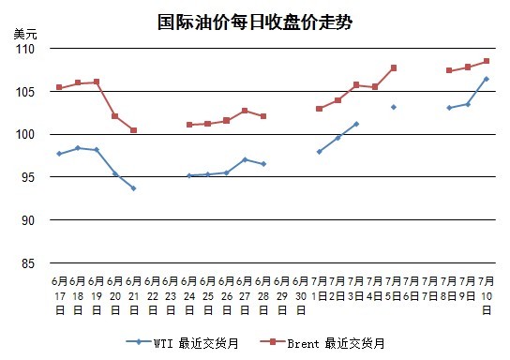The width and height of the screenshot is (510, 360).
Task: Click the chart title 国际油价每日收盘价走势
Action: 255,22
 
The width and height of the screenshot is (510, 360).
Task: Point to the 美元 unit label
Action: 25,34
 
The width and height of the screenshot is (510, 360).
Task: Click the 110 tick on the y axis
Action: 25,49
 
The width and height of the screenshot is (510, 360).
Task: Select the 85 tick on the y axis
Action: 28,263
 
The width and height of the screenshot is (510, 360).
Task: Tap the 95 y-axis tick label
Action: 28,177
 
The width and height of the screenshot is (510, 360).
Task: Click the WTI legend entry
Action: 183,343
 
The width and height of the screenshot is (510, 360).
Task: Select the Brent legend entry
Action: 322,343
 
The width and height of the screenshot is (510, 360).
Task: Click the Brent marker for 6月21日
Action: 133,130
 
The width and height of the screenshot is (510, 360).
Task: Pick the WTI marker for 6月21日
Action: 133,188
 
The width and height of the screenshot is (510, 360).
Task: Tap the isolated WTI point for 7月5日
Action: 394,107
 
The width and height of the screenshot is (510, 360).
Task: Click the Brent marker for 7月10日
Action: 487,61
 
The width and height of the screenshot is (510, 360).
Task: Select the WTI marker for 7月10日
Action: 487,79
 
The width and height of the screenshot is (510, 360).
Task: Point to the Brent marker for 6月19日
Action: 97,82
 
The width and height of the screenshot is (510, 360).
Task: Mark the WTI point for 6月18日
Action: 78,148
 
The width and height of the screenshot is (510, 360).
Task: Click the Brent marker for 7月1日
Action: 320,109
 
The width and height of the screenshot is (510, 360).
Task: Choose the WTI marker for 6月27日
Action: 245,159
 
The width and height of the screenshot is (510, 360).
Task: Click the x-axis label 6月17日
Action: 59,295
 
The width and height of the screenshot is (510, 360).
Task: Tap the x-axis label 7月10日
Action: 487,295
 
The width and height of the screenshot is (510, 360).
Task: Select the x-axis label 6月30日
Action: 301,295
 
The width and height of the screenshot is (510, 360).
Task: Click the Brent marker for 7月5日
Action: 394,67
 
